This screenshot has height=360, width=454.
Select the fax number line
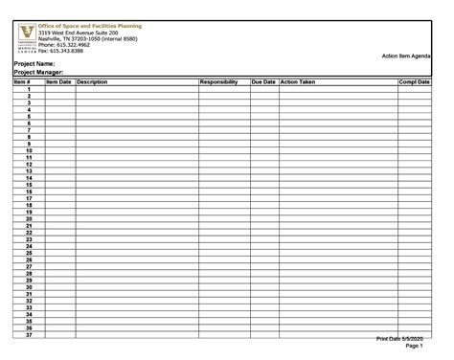click(61, 51)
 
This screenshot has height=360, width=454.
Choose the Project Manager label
click(39, 73)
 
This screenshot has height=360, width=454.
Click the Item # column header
click(23, 82)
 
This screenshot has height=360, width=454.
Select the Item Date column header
click(58, 82)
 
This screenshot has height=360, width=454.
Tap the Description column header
click(93, 82)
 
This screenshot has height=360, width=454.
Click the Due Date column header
click(263, 82)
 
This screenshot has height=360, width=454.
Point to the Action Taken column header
click(298, 82)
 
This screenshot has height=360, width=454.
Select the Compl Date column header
click(415, 82)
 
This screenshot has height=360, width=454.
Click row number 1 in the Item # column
click(30, 89)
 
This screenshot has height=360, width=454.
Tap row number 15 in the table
click(29, 185)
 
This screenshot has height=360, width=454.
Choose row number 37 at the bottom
click(29, 334)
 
